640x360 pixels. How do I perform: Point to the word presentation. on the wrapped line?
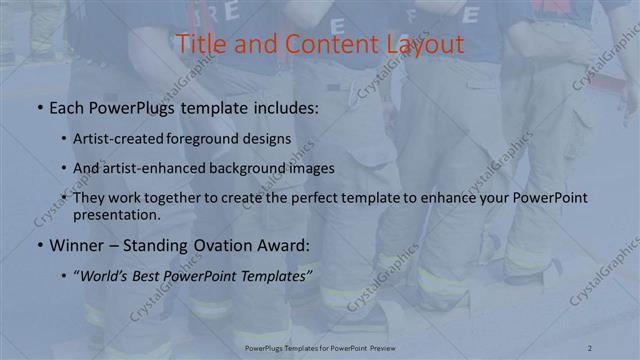click(x=116, y=214)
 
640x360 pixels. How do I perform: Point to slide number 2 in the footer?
click(x=591, y=347)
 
